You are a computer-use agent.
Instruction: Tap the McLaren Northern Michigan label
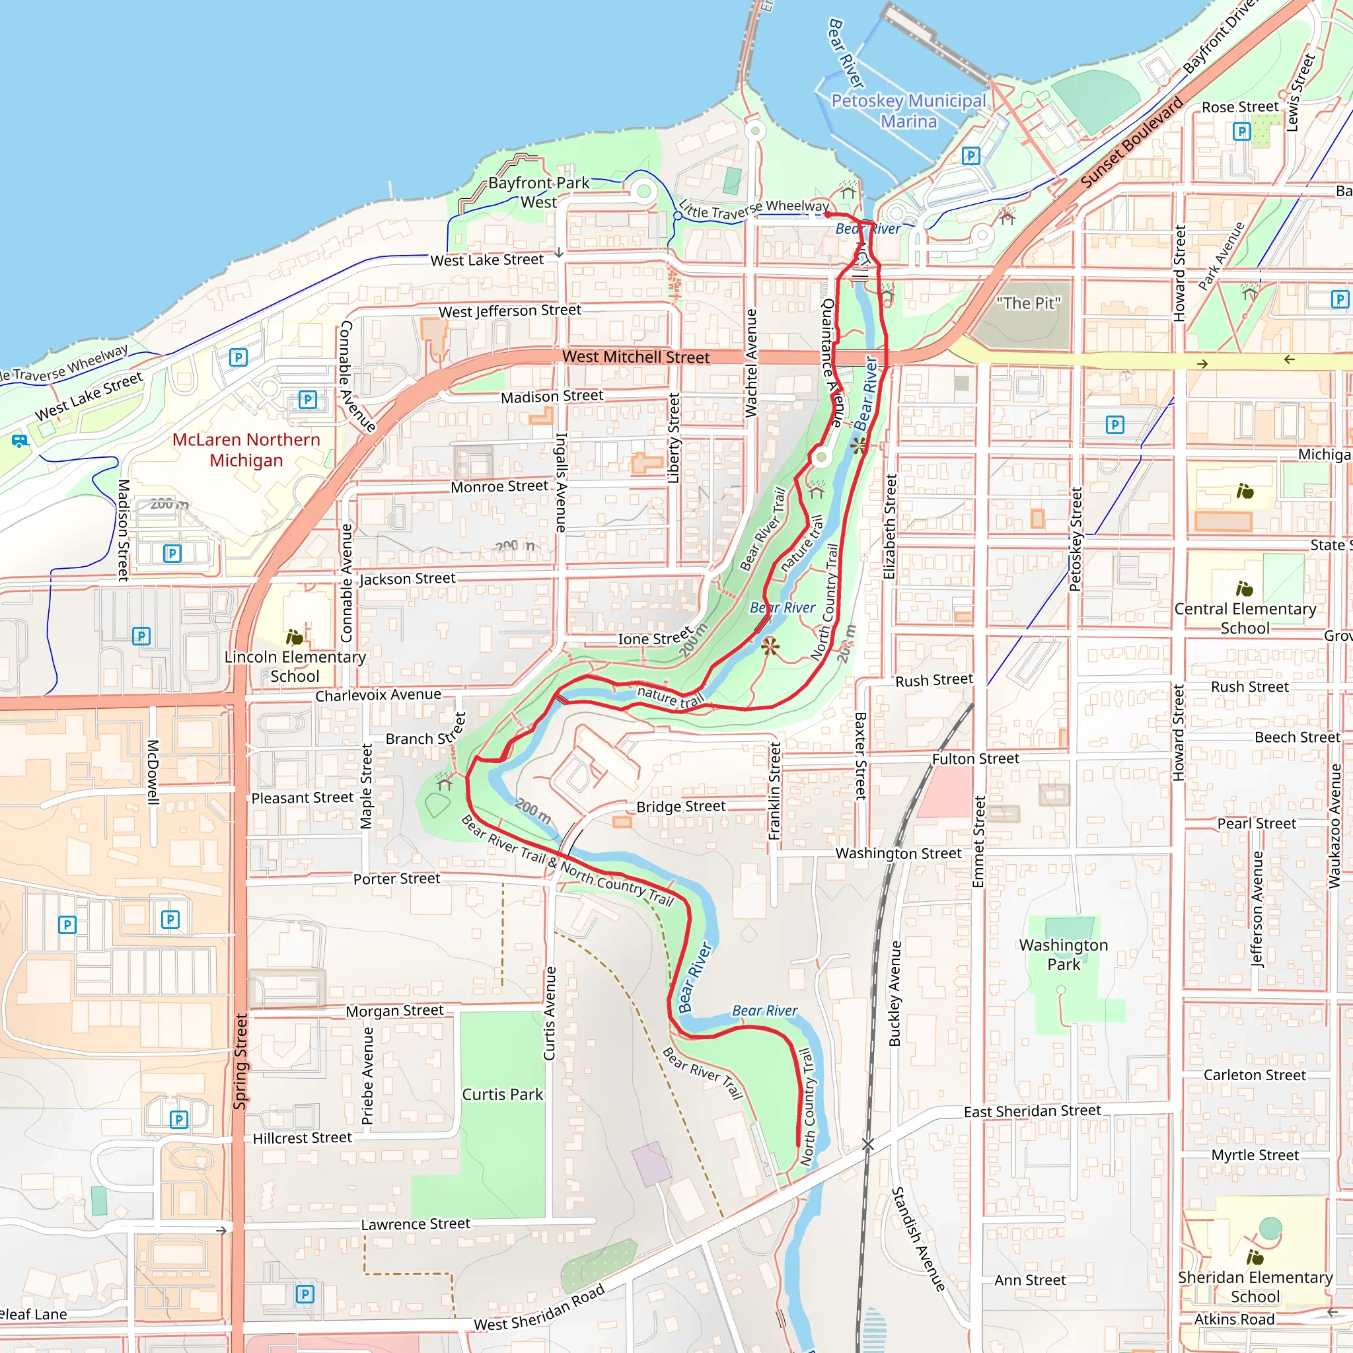[x=246, y=450]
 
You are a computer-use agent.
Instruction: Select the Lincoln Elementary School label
[x=295, y=666]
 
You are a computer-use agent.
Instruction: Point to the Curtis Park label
[x=502, y=1094]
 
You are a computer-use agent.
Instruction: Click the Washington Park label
[x=1063, y=954]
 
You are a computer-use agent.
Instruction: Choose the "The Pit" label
[x=1028, y=303]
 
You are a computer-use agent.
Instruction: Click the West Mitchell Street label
[x=636, y=357]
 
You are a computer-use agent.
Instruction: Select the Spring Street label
[x=240, y=1062]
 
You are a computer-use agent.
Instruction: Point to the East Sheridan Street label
[x=1033, y=1111]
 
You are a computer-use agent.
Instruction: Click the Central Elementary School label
[x=1245, y=618]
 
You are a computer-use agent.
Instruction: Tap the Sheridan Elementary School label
[x=1255, y=1286]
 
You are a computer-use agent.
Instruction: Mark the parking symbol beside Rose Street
[x=1241, y=131]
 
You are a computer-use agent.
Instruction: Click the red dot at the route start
[x=827, y=215]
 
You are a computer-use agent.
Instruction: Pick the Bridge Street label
[x=680, y=806]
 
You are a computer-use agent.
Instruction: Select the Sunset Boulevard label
[x=1131, y=143]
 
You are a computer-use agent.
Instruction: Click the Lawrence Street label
[x=416, y=1224]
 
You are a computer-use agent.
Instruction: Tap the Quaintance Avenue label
[x=831, y=363]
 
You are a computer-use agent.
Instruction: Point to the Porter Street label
[x=396, y=878]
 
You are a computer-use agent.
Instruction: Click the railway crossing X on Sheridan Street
[x=867, y=1144]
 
